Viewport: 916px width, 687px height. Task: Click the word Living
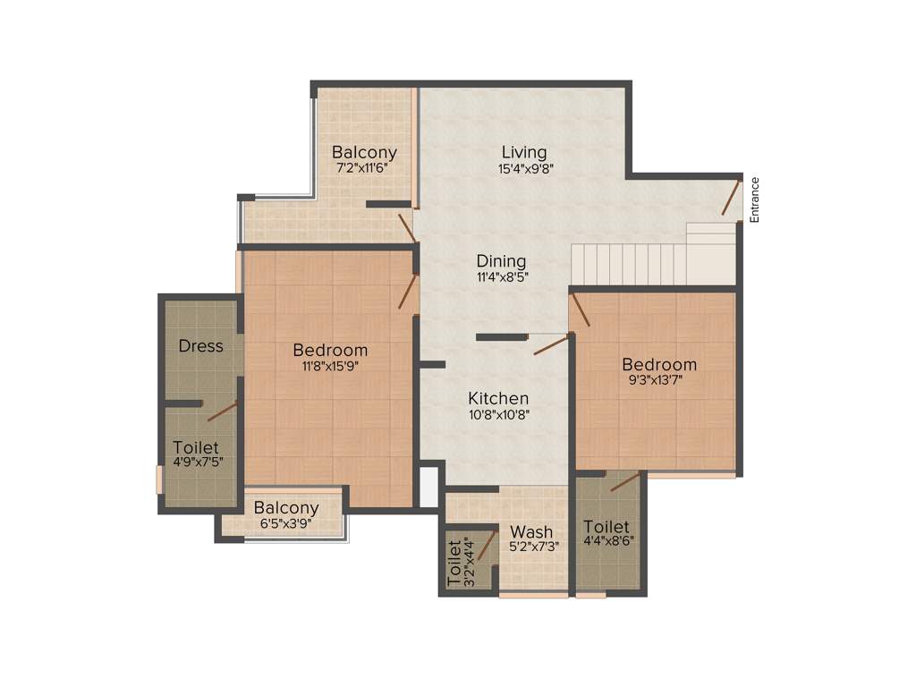(x=523, y=152)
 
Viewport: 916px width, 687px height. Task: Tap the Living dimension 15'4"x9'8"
(x=523, y=168)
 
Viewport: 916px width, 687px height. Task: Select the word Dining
(x=501, y=261)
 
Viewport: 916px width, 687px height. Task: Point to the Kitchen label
(x=498, y=398)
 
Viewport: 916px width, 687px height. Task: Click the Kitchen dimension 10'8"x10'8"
(x=498, y=414)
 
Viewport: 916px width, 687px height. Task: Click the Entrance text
(x=754, y=199)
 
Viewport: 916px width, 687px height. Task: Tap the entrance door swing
(x=732, y=198)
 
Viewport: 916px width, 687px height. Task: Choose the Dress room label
(x=200, y=346)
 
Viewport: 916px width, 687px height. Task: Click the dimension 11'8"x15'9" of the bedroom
(x=330, y=365)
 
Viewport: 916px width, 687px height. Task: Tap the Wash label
(x=531, y=532)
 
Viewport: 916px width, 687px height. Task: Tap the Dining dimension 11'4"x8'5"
(x=501, y=277)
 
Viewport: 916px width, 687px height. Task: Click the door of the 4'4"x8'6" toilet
(x=625, y=482)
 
